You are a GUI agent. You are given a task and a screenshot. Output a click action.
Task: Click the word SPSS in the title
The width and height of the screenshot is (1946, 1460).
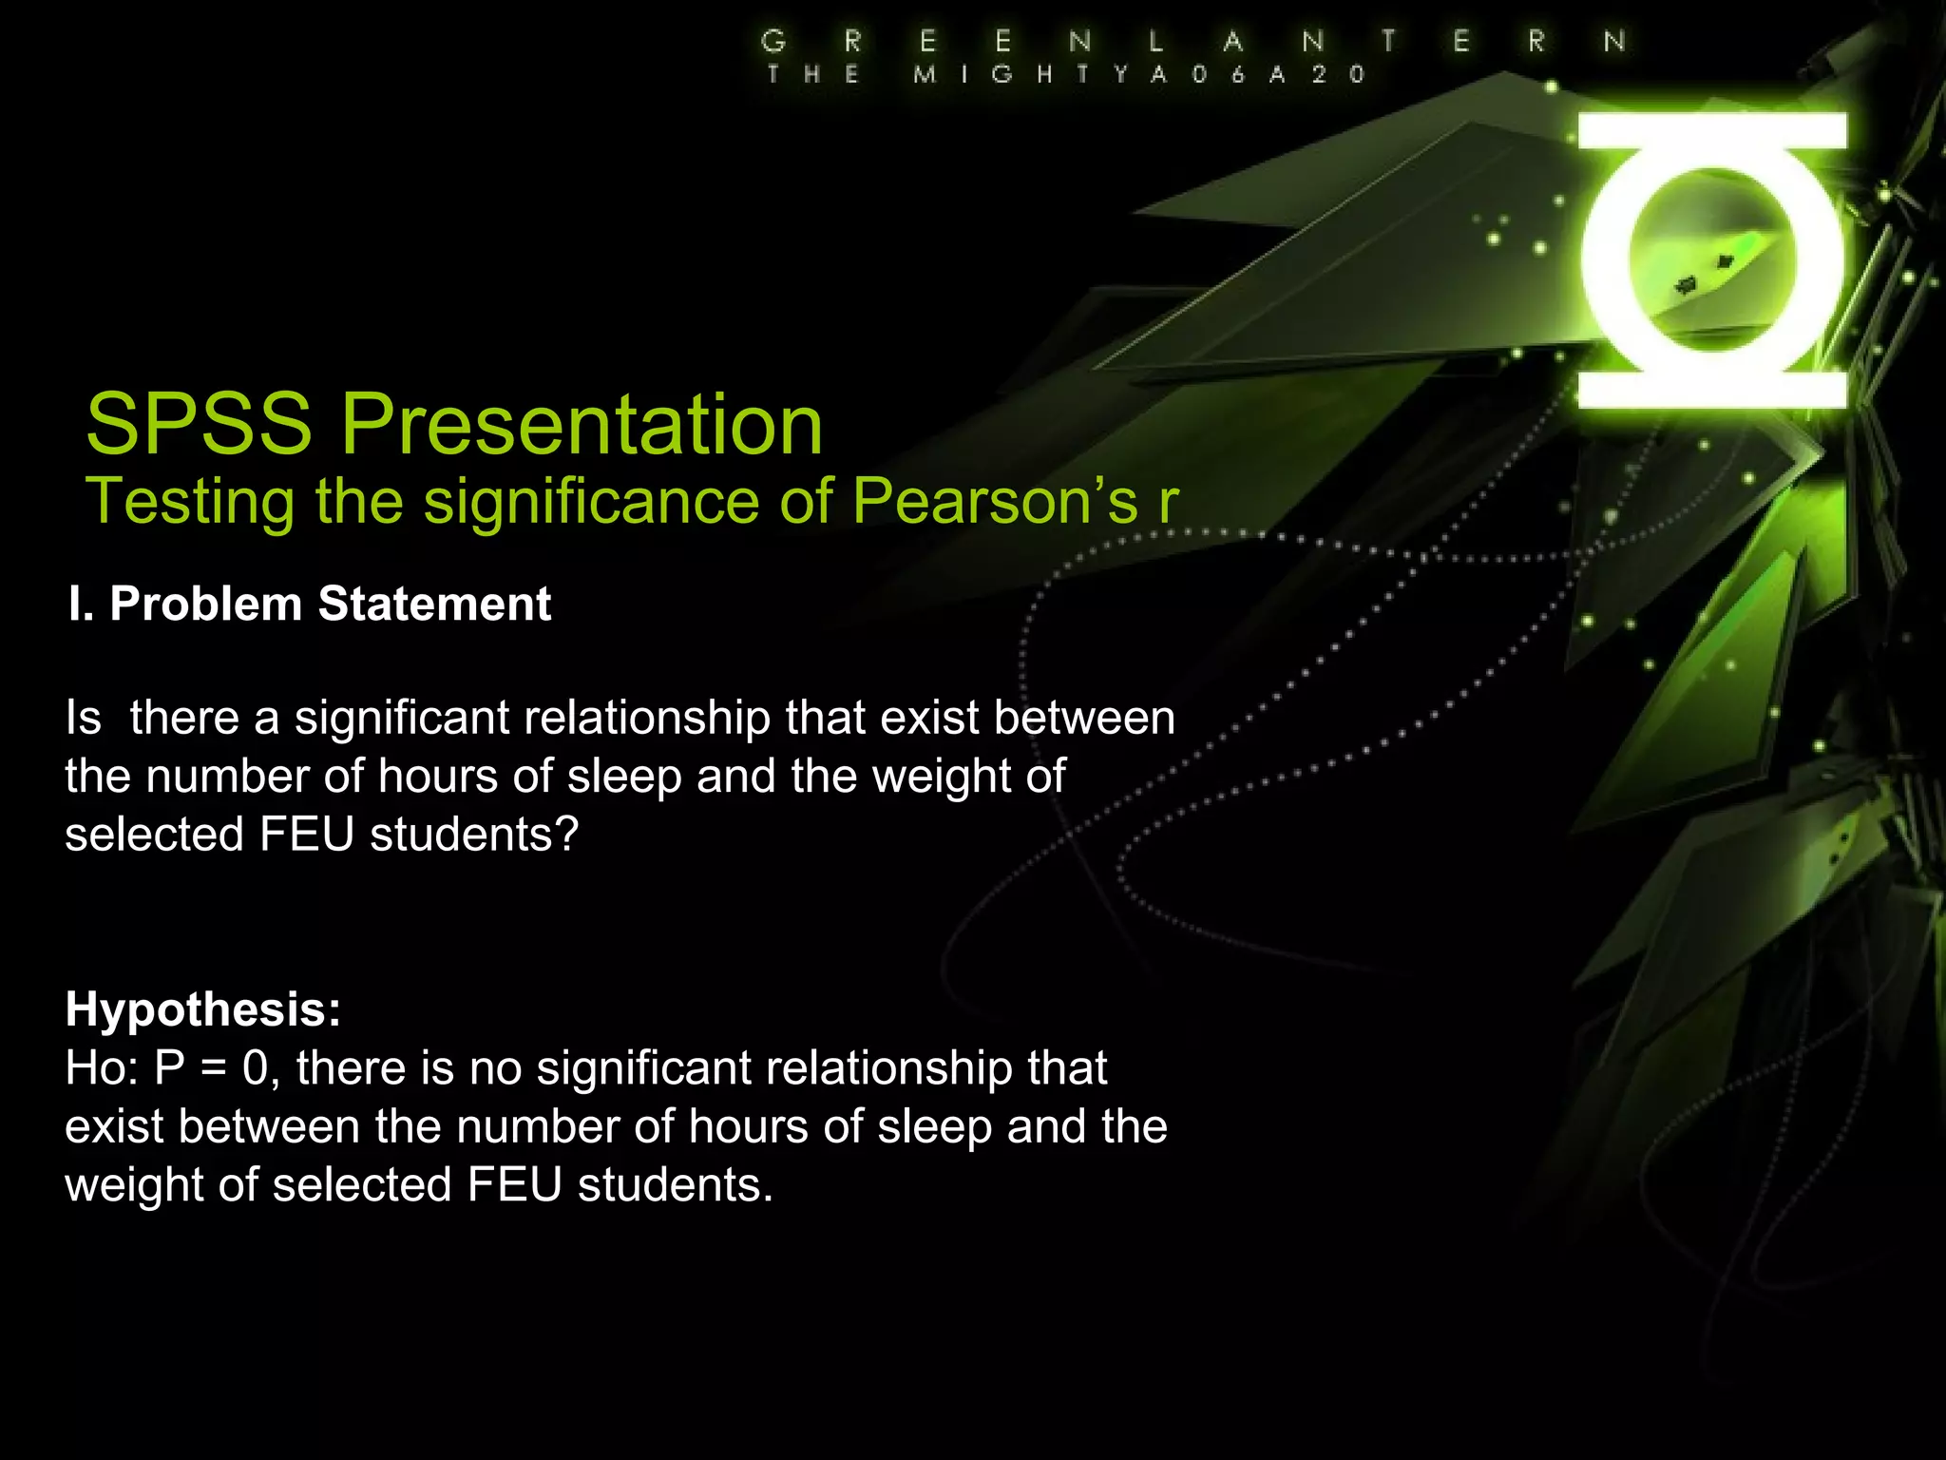[199, 424]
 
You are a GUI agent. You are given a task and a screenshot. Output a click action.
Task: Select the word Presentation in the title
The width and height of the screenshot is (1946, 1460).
[582, 424]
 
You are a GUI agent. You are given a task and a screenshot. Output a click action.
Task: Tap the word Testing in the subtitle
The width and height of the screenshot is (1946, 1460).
[189, 501]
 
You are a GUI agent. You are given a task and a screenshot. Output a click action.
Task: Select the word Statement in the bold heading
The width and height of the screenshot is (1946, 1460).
[434, 604]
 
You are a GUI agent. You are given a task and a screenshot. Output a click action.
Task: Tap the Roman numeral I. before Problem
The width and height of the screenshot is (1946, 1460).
[81, 604]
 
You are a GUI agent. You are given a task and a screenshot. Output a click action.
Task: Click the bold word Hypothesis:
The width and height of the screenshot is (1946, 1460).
[202, 1009]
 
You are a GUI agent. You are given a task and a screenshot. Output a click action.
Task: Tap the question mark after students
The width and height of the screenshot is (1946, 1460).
[566, 835]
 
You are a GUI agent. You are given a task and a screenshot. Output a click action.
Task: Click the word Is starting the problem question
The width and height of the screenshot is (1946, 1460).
[84, 718]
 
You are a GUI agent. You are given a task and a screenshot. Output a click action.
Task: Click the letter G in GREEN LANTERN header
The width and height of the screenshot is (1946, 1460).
[773, 41]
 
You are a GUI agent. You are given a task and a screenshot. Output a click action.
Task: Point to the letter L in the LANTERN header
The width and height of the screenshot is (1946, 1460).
[1156, 41]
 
